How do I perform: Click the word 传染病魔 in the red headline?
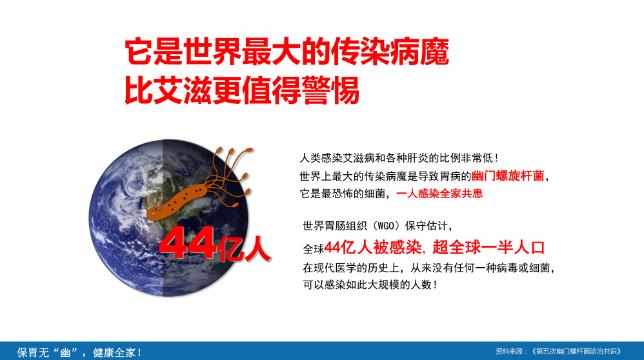[x=390, y=52]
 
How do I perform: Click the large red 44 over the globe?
[x=188, y=243]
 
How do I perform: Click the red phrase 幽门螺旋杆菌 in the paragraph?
[x=508, y=176]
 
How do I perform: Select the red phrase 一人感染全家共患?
[x=439, y=194]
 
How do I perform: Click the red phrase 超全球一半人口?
[x=488, y=248]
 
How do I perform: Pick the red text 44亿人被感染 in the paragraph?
[x=372, y=248]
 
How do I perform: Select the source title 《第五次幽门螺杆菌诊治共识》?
[x=576, y=352]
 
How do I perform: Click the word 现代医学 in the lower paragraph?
[x=335, y=268]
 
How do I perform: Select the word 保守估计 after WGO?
[x=427, y=226]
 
